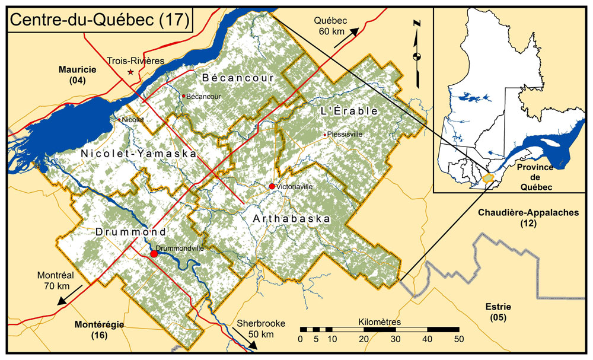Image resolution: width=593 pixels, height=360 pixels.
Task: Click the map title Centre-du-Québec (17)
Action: [x=100, y=19]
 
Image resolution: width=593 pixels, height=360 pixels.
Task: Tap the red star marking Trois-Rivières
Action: [x=130, y=72]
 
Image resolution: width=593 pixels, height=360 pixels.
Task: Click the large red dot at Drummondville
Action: [x=154, y=254]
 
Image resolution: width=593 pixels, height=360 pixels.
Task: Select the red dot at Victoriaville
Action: [x=272, y=187]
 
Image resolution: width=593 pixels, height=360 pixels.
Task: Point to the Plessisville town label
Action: [x=345, y=135]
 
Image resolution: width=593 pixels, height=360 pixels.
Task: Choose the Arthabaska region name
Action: [x=291, y=219]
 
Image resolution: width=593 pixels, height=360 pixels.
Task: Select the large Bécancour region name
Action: [x=238, y=78]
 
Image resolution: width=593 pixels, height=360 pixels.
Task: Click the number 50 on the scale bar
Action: [x=458, y=339]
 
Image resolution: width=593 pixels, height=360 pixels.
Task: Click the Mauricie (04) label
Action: [x=78, y=74]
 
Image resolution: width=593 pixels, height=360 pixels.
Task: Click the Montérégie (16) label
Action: [x=98, y=330]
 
